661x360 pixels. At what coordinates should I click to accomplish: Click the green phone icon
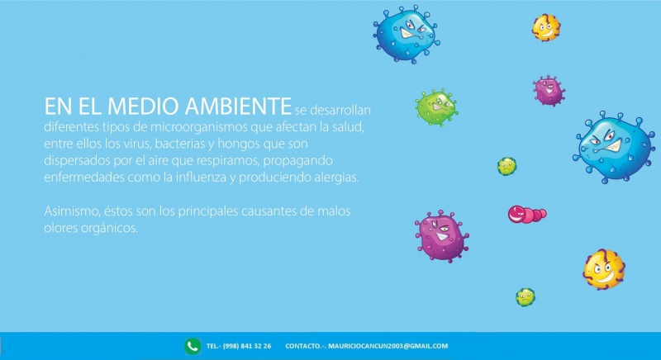pyautogui.click(x=193, y=346)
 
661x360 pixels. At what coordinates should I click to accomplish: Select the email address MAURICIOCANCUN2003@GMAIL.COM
pyautogui.click(x=388, y=346)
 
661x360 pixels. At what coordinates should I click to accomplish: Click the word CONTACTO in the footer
pyautogui.click(x=302, y=346)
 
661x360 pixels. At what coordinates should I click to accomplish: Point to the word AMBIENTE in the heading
pyautogui.click(x=238, y=106)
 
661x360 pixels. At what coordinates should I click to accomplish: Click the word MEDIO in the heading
pyautogui.click(x=144, y=106)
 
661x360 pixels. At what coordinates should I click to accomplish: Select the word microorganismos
pyautogui.click(x=199, y=127)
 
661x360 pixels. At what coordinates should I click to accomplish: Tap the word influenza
pyautogui.click(x=201, y=177)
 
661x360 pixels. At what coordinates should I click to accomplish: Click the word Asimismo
pyautogui.click(x=72, y=211)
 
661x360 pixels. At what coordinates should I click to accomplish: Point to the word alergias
pyautogui.click(x=336, y=178)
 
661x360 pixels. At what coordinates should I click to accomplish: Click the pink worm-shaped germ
pyautogui.click(x=527, y=214)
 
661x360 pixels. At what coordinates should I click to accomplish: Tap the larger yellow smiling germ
pyautogui.click(x=604, y=269)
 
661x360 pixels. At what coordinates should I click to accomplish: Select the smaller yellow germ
pyautogui.click(x=546, y=28)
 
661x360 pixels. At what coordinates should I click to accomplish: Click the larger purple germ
pyautogui.click(x=442, y=236)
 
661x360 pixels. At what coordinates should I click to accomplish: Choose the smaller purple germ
pyautogui.click(x=549, y=91)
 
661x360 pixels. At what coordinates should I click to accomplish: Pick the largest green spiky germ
pyautogui.click(x=437, y=107)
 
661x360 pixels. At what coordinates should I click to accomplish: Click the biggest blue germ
pyautogui.click(x=614, y=147)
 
